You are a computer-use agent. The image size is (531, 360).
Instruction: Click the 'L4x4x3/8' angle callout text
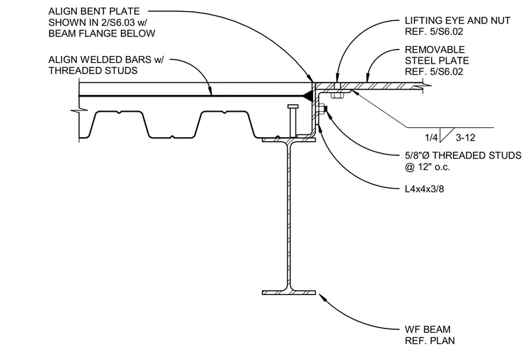(x=424, y=189)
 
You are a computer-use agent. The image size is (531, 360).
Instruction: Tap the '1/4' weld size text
(x=432, y=138)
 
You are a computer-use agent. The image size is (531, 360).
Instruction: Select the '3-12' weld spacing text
(x=465, y=138)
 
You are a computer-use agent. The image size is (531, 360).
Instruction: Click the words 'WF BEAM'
(x=428, y=329)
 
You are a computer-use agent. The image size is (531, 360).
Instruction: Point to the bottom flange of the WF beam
(x=289, y=292)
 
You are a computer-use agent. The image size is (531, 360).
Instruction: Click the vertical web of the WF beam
(x=289, y=217)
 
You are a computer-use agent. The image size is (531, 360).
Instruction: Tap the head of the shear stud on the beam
(x=293, y=107)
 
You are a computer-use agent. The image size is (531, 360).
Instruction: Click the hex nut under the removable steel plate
(x=337, y=95)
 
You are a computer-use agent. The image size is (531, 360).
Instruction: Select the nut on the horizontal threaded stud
(x=320, y=109)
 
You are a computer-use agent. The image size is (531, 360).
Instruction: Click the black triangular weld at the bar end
(x=308, y=96)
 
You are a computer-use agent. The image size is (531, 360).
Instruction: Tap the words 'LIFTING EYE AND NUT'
(x=458, y=21)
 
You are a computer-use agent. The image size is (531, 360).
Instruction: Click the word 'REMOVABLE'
(x=435, y=50)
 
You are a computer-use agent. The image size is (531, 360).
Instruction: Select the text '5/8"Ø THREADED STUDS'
(x=463, y=155)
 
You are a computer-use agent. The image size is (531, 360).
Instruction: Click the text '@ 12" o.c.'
(x=428, y=167)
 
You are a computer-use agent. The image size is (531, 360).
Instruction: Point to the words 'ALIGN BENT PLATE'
(x=94, y=11)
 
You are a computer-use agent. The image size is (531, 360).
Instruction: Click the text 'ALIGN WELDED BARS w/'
(x=106, y=59)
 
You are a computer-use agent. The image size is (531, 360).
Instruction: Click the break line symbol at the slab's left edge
(x=79, y=110)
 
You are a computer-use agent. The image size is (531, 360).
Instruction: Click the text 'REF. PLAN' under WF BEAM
(x=430, y=340)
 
